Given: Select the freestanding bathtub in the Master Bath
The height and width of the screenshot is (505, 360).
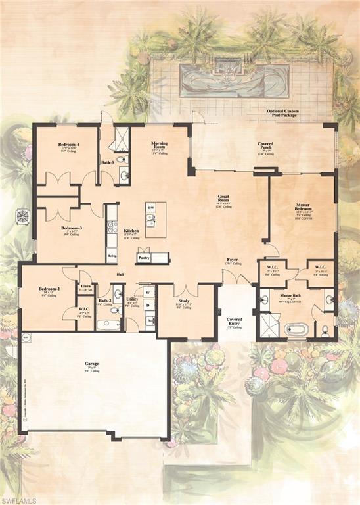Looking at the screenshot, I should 294,328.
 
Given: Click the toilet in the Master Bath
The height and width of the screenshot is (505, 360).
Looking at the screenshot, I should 324,329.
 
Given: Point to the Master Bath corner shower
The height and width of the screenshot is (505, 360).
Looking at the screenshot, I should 269,325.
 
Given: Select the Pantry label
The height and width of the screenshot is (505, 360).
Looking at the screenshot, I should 143,258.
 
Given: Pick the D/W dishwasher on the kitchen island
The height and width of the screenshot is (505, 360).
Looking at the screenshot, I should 150,207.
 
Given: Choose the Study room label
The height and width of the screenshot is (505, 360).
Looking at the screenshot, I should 183,301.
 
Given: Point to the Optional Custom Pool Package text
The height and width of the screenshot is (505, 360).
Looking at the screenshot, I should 283,114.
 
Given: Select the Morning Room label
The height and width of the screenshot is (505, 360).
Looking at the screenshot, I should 160,145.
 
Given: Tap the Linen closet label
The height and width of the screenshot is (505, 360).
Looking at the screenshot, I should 85,286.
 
